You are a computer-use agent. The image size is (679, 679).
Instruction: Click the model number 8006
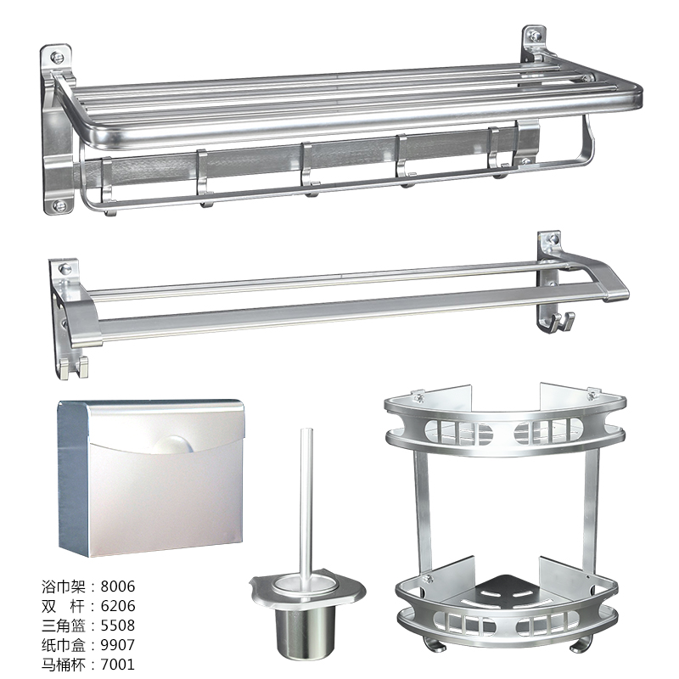[118, 586]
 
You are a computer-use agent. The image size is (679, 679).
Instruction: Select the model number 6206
[118, 606]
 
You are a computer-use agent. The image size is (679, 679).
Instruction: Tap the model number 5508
[118, 626]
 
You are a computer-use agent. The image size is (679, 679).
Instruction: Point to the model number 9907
[118, 645]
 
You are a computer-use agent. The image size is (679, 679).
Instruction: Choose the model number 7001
[118, 665]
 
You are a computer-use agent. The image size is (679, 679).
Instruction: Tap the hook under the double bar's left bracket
[74, 368]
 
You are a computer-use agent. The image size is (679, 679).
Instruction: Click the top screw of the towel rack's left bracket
[57, 57]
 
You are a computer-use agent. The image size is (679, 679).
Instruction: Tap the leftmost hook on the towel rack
[108, 186]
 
